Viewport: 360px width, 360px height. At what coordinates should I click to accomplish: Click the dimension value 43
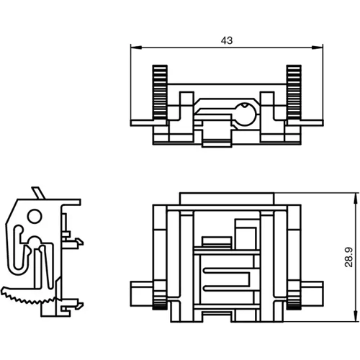(x=227, y=41)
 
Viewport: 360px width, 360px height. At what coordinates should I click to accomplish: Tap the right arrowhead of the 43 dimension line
(x=320, y=48)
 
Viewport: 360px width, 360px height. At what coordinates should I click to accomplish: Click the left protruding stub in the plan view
(x=141, y=293)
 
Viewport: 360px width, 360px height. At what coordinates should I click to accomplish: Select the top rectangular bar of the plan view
(x=226, y=199)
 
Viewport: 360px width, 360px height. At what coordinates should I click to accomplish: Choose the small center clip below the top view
(x=216, y=134)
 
